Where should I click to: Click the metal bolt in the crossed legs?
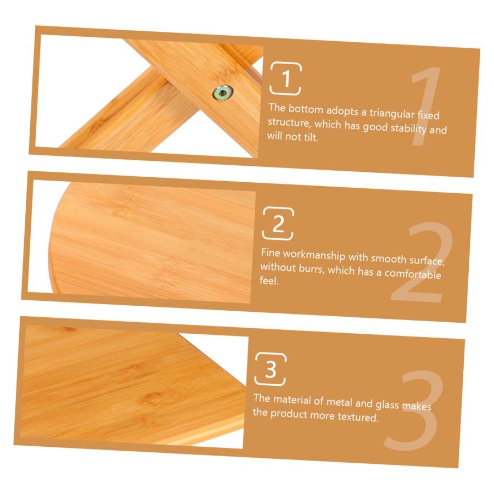223,93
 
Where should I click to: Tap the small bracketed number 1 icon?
285,78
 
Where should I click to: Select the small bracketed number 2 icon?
278,223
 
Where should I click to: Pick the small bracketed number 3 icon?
270,369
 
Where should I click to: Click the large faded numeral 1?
425,106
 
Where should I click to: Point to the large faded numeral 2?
420,262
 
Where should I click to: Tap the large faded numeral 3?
413,410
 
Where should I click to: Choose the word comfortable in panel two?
412,273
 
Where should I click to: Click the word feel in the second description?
269,280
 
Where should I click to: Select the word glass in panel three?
387,404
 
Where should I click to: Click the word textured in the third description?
357,417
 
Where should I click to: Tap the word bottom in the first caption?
306,109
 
